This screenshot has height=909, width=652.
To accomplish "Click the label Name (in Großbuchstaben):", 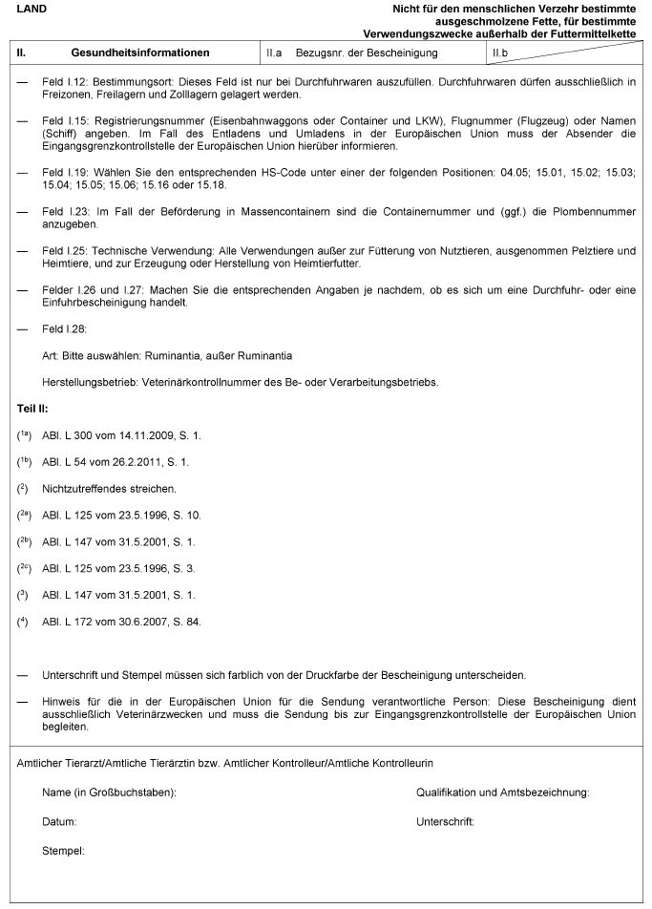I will click(x=110, y=793).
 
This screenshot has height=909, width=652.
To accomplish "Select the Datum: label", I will click(x=59, y=821).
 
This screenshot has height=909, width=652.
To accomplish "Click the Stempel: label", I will click(x=64, y=849).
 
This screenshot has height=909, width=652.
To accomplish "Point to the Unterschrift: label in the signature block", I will click(x=445, y=821).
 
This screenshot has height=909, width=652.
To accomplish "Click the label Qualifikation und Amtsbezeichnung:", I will click(x=502, y=793).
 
